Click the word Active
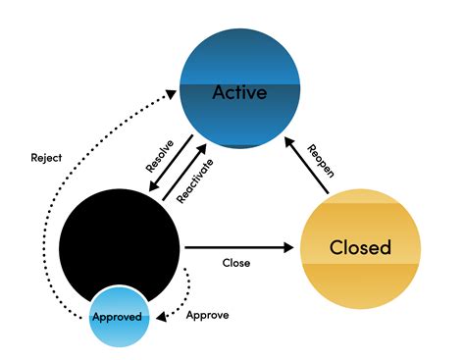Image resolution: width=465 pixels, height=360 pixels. [x=241, y=92]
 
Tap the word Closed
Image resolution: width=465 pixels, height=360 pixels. [x=359, y=246]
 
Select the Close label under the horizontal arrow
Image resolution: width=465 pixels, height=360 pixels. [x=235, y=263]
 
